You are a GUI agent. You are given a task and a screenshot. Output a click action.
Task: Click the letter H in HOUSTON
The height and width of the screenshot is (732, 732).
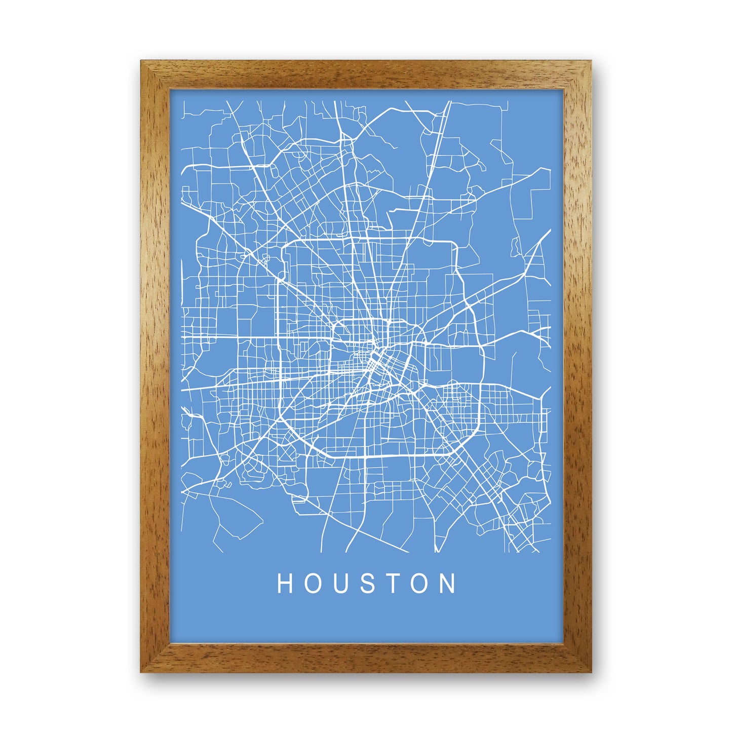[x=284, y=583]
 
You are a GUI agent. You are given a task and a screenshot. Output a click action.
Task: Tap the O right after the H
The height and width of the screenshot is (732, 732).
[x=313, y=583]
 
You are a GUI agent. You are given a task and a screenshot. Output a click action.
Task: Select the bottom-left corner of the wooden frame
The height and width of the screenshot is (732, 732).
[x=142, y=671]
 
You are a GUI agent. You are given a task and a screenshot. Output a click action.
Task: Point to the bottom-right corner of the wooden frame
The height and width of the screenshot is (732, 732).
[x=590, y=671]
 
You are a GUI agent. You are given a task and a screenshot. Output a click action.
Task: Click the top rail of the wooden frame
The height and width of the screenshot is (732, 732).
[x=366, y=75]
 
